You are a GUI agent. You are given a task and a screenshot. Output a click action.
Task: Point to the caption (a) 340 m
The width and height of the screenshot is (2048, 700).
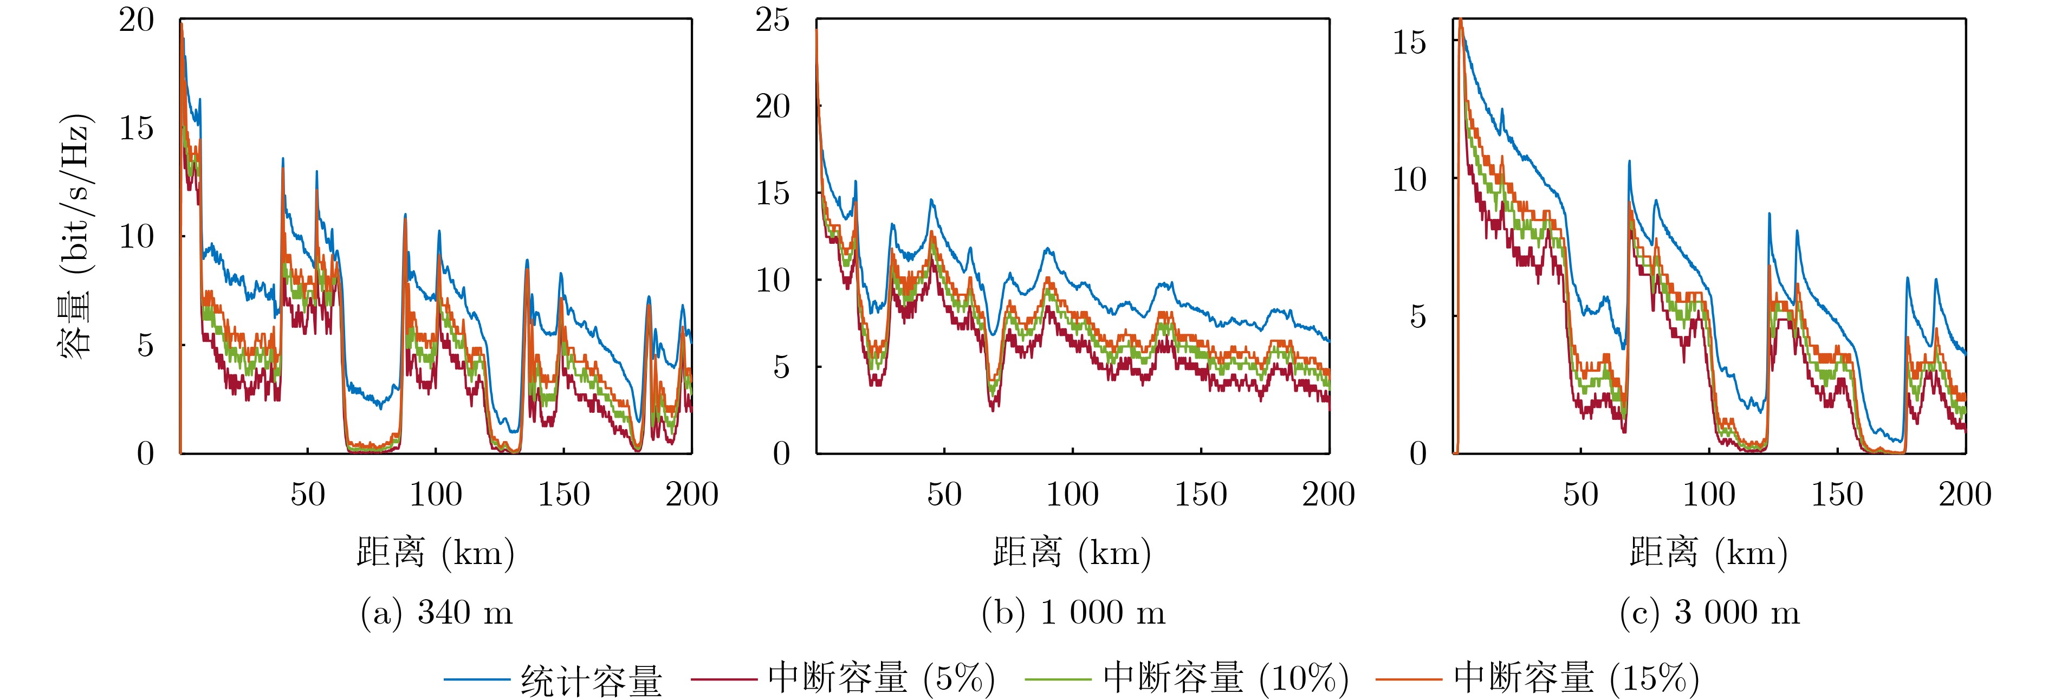coord(437,612)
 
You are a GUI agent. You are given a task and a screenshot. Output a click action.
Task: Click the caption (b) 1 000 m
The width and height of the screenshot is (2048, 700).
coord(1073,612)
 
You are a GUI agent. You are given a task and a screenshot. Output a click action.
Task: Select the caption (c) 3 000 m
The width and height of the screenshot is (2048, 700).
coord(1709,612)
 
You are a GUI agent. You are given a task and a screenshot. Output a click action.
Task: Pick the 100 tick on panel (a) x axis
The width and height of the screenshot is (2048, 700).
coord(436,495)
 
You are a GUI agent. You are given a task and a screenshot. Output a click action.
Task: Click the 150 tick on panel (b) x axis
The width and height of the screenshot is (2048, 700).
coord(1201,495)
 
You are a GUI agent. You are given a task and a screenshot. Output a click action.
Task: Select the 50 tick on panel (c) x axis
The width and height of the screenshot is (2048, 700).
coord(1580,495)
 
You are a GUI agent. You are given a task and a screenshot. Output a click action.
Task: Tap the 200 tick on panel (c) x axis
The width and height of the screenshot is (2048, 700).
coord(1965,495)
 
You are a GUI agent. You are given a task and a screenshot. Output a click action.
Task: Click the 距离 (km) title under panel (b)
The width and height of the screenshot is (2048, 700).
coord(1073,552)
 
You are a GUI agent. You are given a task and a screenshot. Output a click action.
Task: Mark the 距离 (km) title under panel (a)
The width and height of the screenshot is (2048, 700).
coord(436,552)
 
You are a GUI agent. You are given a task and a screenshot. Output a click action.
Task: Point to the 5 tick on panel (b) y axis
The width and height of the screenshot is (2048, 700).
coord(781,367)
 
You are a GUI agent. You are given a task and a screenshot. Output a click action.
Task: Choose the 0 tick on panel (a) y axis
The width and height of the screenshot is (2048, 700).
coord(146,453)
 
